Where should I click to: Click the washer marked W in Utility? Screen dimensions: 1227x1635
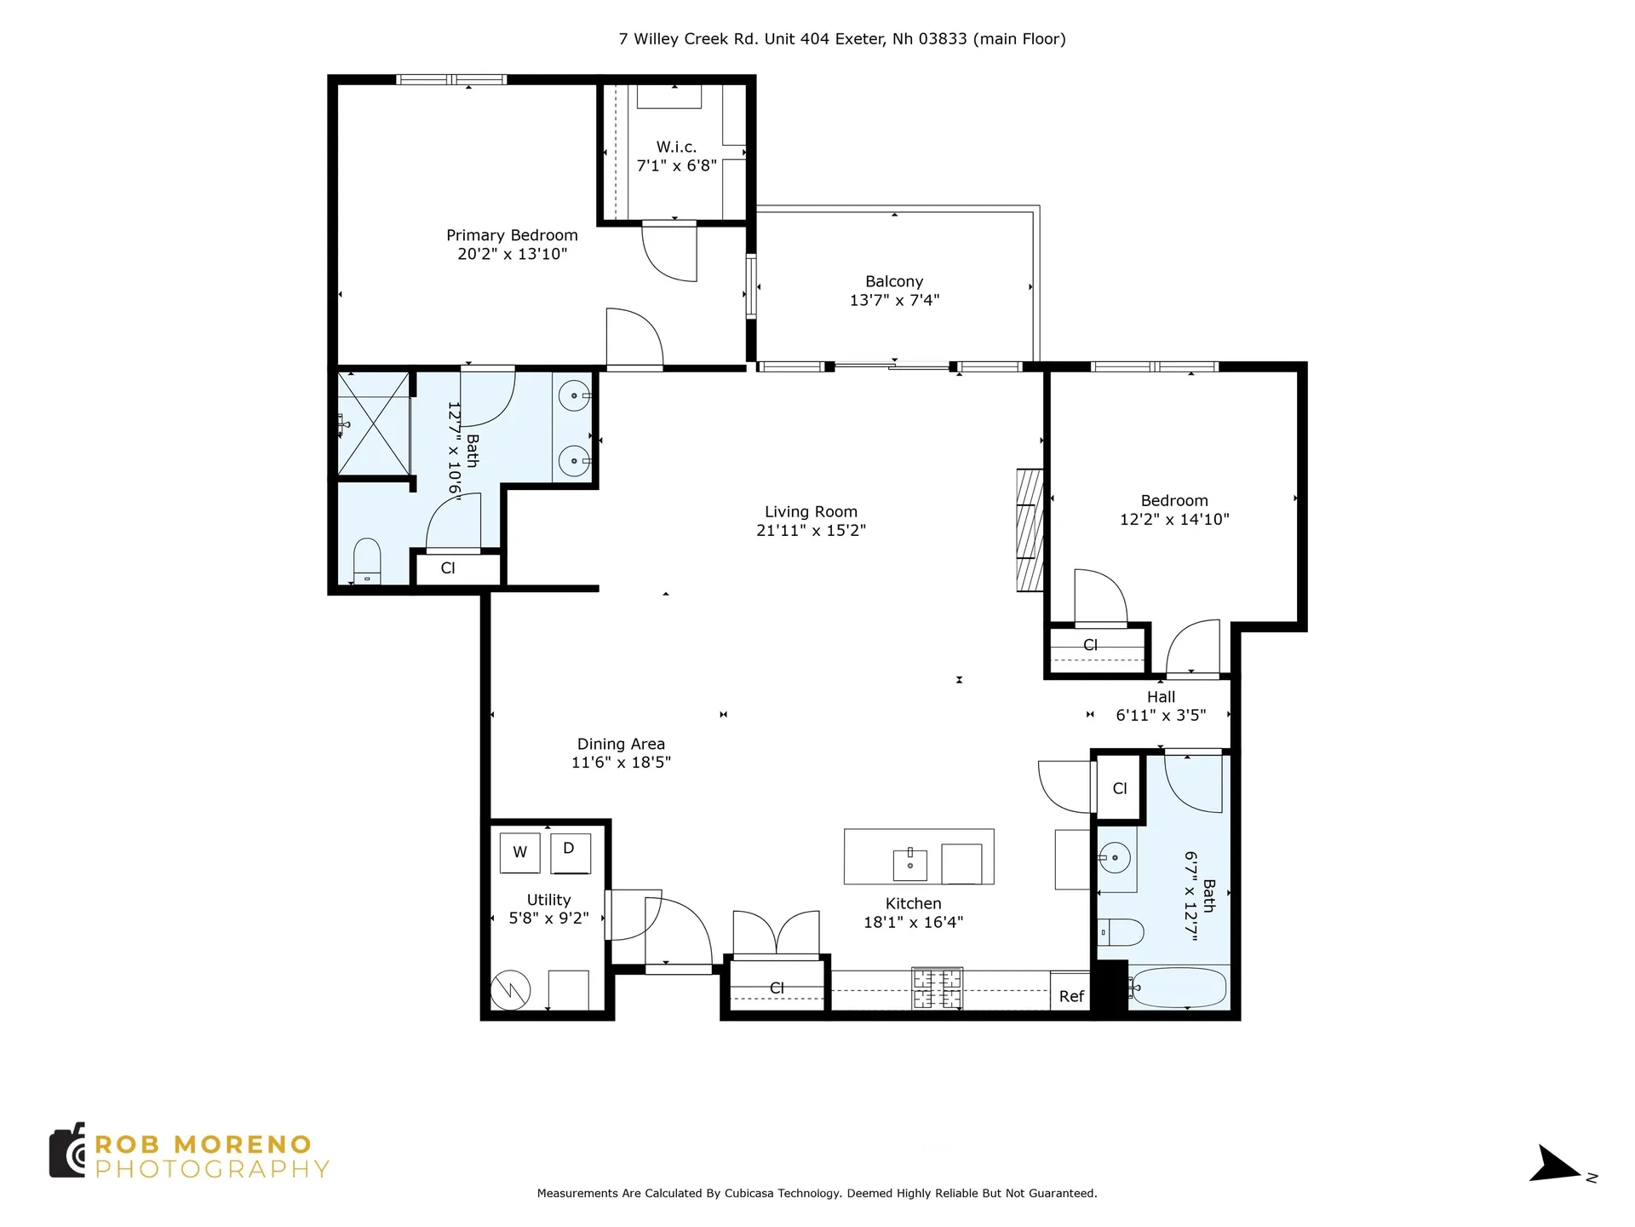[519, 852]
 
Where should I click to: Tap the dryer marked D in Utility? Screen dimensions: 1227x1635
[570, 852]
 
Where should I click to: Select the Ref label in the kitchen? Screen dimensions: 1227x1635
[1071, 996]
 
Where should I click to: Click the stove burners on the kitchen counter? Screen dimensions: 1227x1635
[937, 988]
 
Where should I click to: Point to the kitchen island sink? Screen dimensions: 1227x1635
[909, 864]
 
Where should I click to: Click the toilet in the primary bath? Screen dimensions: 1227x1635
[367, 560]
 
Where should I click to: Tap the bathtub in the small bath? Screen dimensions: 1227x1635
[1179, 988]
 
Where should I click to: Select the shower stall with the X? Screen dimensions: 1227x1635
[374, 423]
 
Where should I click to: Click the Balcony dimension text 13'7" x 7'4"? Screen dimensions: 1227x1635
[894, 300]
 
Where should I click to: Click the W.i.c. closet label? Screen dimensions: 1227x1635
[676, 147]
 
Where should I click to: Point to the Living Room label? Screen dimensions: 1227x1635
[811, 511]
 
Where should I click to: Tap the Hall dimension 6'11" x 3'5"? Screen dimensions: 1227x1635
[1161, 715]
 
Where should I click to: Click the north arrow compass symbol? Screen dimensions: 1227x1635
[1557, 1165]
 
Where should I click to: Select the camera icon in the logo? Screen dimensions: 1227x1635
[67, 1150]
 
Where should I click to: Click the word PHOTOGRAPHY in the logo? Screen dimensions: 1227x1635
[211, 1169]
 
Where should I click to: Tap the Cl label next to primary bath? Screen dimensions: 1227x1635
[448, 568]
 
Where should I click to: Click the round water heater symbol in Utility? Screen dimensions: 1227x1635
[511, 990]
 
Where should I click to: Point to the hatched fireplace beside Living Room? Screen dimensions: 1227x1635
[1030, 529]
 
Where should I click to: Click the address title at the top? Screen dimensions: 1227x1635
[841, 38]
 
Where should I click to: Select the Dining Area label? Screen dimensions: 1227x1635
[621, 744]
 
